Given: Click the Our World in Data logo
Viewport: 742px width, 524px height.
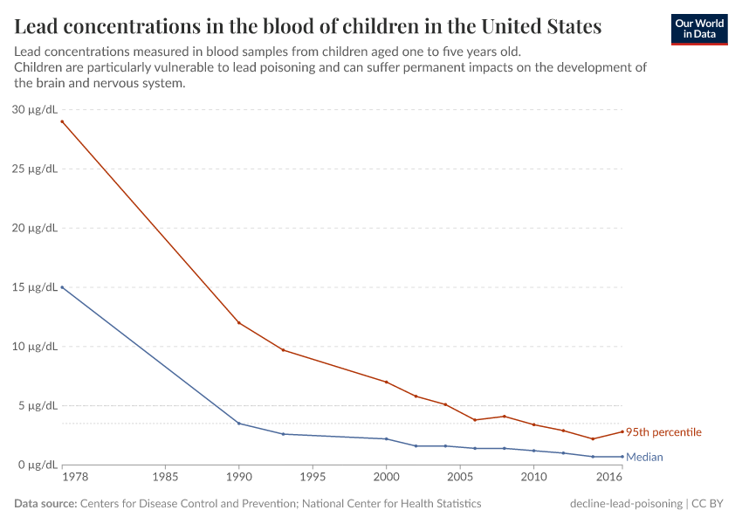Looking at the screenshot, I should tap(699, 29).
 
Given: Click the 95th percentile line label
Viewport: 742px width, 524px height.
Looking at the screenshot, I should tap(663, 432).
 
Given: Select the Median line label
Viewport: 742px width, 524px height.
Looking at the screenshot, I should tap(644, 457).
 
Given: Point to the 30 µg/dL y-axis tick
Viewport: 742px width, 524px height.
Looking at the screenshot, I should tap(35, 109).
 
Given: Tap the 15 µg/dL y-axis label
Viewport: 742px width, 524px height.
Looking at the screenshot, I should tap(35, 287).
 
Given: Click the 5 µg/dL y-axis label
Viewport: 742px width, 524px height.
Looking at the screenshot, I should tap(38, 405).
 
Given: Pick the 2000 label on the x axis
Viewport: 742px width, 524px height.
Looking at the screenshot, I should tap(386, 477).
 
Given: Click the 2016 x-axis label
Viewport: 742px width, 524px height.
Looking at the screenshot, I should tap(609, 477).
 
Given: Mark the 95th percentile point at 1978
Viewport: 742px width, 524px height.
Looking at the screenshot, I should tap(62, 121).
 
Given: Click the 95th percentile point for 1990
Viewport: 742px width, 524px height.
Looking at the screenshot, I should tap(238, 322).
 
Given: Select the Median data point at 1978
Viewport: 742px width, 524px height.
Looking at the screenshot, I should tap(62, 287).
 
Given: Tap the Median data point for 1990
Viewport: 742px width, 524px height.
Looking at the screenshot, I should tap(238, 424).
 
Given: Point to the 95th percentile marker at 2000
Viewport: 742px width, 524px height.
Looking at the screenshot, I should tap(386, 382).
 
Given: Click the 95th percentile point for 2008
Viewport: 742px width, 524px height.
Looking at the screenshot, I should tap(504, 416).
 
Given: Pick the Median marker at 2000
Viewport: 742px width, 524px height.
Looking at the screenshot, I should tap(386, 438).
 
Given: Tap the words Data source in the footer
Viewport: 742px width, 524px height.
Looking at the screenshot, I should tap(45, 504).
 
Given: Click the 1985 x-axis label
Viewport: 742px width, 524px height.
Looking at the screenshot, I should tap(165, 477).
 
